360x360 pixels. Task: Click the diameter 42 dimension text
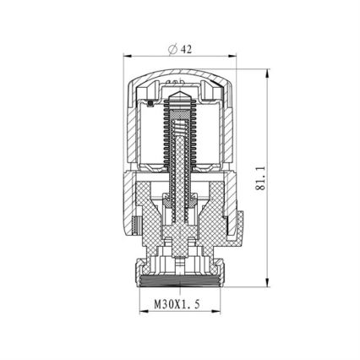coord(180,49)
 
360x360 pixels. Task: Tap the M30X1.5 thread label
coord(177,304)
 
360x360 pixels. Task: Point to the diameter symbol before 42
coord(172,49)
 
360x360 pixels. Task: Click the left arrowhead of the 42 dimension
coord(128,57)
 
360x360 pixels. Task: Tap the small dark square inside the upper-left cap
coord(150,104)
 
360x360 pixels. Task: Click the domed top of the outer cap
coord(180,72)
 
